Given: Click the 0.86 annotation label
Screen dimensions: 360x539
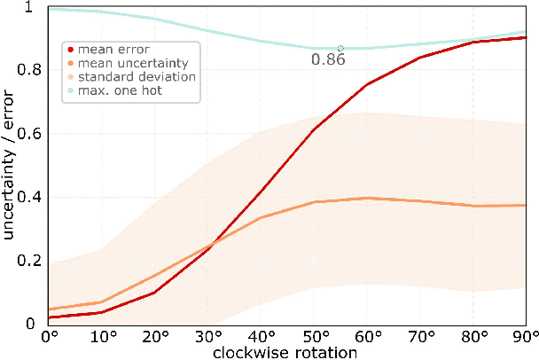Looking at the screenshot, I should coord(327,60).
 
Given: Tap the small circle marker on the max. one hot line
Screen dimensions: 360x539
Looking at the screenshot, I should coord(340,48).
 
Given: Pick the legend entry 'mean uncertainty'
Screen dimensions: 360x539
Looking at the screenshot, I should coord(121,63).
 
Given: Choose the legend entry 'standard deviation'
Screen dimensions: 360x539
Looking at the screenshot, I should coord(124,77).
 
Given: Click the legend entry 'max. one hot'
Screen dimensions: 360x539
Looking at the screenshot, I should coord(115,91).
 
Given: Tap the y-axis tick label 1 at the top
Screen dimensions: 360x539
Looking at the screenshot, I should coord(29,7).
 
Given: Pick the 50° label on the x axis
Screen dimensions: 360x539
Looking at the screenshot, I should coord(314,337).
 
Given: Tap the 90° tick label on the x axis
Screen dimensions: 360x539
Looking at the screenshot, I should coord(525,337).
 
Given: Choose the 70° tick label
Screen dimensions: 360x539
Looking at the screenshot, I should coord(420,337).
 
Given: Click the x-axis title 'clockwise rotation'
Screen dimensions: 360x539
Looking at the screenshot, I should coord(286,352).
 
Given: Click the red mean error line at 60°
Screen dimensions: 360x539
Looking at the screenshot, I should coord(367,84).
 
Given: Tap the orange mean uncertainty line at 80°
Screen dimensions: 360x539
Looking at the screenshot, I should coord(473,206).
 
